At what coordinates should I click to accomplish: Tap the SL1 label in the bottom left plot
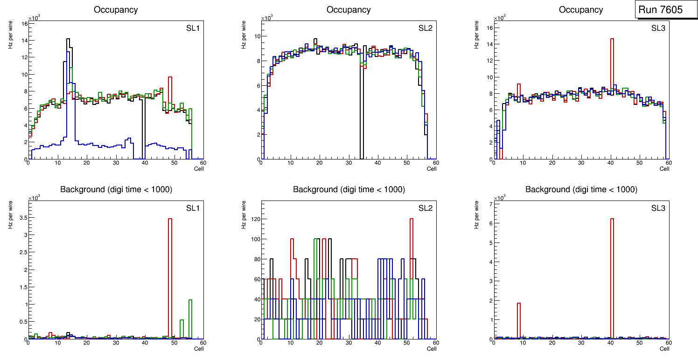click(x=192, y=208)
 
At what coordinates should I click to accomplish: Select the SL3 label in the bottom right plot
click(x=658, y=208)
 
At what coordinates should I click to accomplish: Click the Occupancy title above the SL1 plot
click(x=116, y=10)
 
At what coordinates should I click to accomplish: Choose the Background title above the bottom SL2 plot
click(x=349, y=189)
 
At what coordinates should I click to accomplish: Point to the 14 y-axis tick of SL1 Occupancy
click(x=24, y=41)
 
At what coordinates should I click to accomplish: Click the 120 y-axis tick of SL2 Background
click(x=254, y=219)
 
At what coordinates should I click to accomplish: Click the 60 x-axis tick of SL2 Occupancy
click(x=435, y=163)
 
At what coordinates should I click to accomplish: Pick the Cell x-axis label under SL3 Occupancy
click(x=664, y=169)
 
